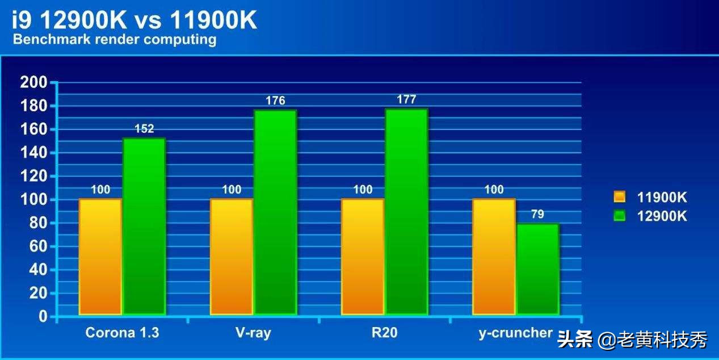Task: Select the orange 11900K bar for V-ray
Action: click(x=232, y=256)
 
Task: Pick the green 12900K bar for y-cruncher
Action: click(x=537, y=269)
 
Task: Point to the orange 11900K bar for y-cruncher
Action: click(x=494, y=256)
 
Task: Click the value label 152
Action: click(x=144, y=129)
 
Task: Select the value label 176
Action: click(x=275, y=101)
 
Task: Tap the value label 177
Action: click(x=406, y=99)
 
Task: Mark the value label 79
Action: click(x=537, y=215)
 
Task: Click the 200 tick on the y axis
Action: click(x=33, y=82)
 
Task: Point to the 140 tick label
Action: click(x=33, y=153)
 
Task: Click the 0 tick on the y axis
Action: click(x=43, y=317)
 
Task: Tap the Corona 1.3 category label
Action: click(x=122, y=333)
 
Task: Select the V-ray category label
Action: click(x=253, y=333)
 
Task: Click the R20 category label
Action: click(x=385, y=333)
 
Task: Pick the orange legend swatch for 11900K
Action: click(x=620, y=198)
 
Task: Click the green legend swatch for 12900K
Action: click(x=620, y=216)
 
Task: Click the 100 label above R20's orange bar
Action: click(x=363, y=190)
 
